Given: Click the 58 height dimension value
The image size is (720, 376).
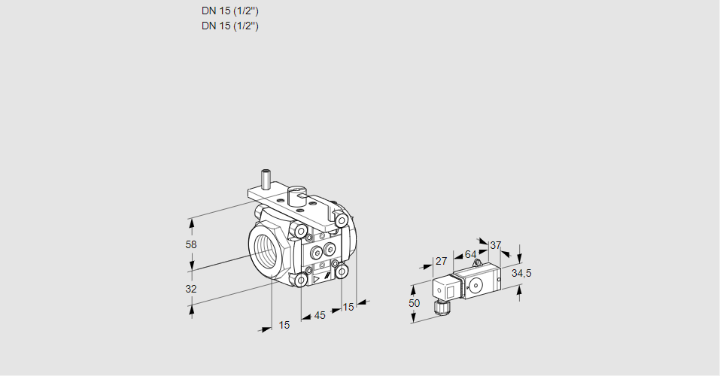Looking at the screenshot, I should (191, 244).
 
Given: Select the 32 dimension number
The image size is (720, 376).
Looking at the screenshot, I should (191, 289).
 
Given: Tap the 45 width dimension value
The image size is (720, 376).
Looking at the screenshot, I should (320, 316).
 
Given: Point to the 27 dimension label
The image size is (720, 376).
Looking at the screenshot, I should (442, 262).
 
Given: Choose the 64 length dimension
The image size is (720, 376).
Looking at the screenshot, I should (470, 254).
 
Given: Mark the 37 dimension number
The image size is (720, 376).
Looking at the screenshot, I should (495, 245).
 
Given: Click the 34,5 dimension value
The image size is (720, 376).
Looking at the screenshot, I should (521, 273).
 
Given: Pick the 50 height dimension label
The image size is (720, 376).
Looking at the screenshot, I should (415, 302).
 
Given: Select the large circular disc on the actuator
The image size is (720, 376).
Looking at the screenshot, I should (476, 285).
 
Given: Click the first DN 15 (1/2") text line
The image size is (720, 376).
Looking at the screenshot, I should (230, 11).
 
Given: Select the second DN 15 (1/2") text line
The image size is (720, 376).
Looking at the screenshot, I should (230, 26).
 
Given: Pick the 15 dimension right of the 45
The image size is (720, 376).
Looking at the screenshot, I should (348, 307).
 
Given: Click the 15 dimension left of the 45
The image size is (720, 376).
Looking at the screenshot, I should (284, 325).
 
